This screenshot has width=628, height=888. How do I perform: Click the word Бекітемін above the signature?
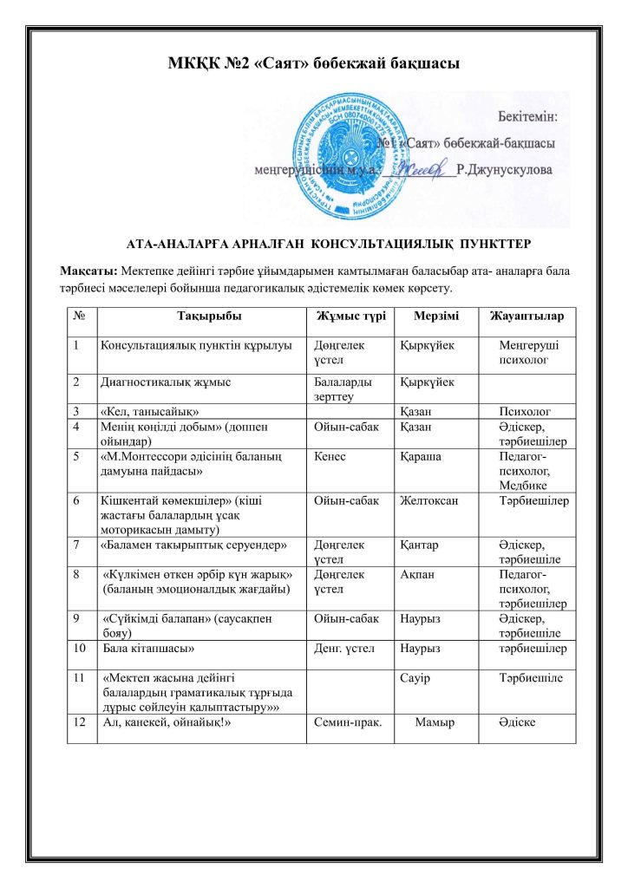click(527, 115)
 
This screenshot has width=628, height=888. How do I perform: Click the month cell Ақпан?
click(417, 573)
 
